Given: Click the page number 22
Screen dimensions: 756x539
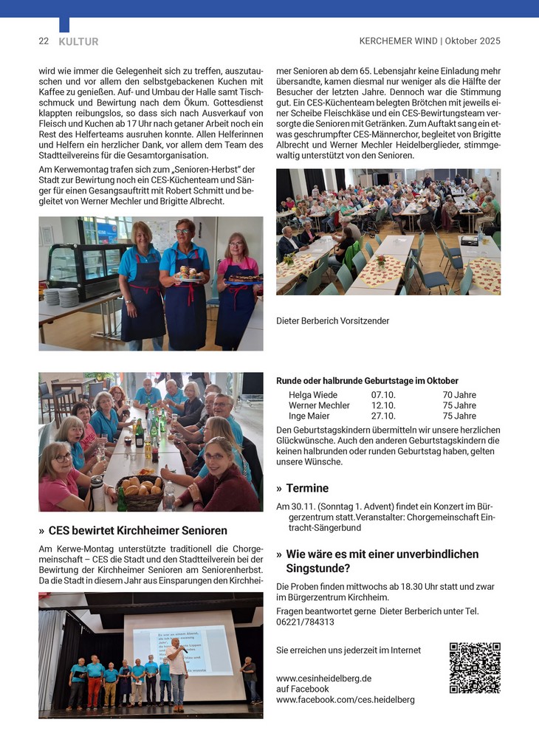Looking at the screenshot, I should tap(44, 41).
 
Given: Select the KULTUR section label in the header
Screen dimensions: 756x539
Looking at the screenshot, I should tap(78, 42).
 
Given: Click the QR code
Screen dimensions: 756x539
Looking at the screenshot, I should tap(475, 667).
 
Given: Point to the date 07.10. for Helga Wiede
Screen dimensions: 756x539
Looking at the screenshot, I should tap(383, 395).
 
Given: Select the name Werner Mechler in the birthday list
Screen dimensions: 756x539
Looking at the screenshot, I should tap(319, 405).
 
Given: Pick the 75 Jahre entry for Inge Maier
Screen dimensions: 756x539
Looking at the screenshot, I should tap(459, 416).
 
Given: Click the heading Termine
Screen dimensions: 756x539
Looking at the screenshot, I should tap(307, 488).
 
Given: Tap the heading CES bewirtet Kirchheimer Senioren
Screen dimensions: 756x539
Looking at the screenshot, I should tap(138, 530).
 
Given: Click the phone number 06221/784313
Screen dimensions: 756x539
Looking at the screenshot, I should tap(305, 622).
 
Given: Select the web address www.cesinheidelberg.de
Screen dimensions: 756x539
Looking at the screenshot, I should tap(323, 678).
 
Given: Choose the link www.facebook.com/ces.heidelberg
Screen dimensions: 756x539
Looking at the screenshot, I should tap(345, 699).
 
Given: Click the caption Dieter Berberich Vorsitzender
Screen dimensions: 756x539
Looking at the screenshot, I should tap(332, 321).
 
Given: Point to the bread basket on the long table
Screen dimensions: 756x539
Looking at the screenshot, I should tap(139, 490).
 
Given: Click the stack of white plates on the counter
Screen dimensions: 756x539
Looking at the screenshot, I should tap(63, 297).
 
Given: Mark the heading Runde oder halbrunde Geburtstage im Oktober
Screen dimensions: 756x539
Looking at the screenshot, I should tap(367, 381).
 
